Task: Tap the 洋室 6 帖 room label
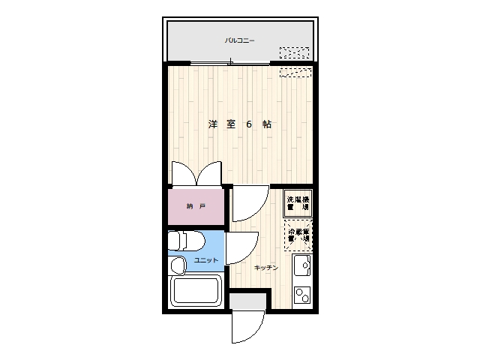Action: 239,124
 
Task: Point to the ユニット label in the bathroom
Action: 206,259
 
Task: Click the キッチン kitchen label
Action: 266,268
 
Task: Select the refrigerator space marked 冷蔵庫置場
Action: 298,235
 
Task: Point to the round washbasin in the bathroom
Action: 178,265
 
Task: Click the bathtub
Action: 195,291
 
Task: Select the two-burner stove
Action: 302,295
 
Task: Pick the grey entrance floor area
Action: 247,301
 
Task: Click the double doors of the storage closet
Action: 196,173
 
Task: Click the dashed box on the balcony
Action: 294,53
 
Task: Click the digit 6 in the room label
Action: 248,124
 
